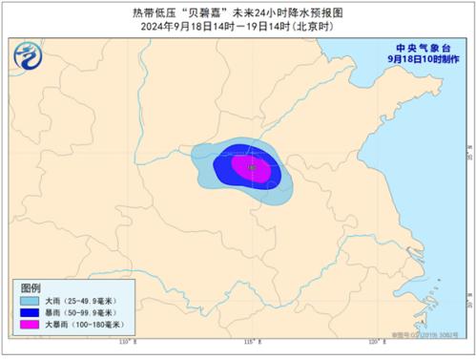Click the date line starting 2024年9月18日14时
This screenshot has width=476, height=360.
(x=238, y=27)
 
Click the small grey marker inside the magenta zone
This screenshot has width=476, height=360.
(x=251, y=168)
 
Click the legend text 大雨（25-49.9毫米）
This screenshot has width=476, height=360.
(x=81, y=301)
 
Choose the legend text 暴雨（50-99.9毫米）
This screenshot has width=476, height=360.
(x=81, y=313)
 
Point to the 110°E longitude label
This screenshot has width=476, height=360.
(x=123, y=340)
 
